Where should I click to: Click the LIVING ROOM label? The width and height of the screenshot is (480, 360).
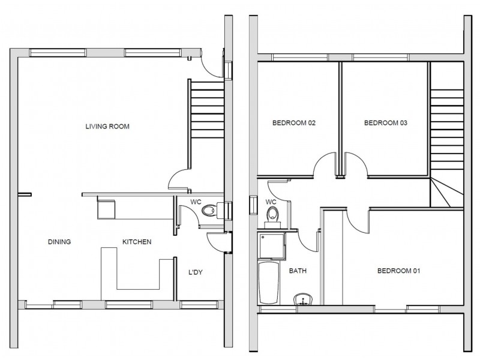107,127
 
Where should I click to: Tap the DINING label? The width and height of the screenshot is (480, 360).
59,242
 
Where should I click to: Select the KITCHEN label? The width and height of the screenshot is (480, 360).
137,242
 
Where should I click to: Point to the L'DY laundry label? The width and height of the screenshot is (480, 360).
196,272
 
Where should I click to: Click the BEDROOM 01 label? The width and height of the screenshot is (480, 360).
398,271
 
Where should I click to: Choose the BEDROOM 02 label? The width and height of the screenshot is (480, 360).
294,123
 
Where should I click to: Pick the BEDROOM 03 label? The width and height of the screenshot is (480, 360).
386,123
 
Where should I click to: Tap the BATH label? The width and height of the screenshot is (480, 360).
298,271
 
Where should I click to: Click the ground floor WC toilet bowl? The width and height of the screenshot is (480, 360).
209,211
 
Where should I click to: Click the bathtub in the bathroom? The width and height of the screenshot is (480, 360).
269,283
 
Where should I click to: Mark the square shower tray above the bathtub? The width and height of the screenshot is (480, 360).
272,246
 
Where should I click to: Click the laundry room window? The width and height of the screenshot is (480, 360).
199,305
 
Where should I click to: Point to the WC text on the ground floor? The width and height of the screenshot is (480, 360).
196,202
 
